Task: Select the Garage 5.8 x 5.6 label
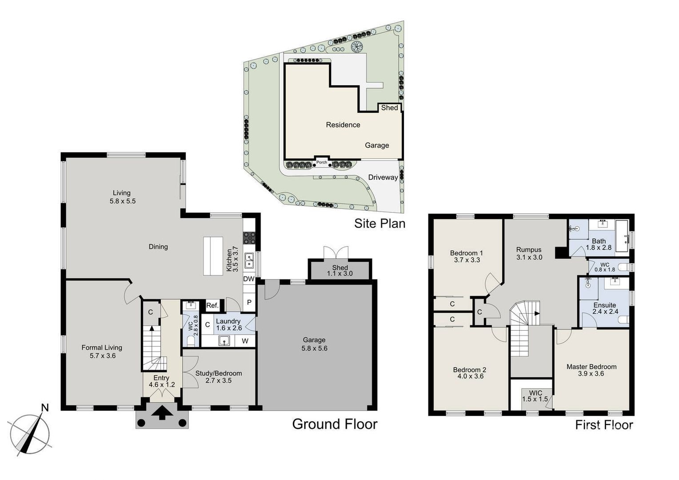pyautogui.click(x=314, y=344)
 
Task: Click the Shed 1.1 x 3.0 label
pyautogui.click(x=340, y=270)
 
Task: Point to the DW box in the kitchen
pyautogui.click(x=248, y=279)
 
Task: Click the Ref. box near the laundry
pyautogui.click(x=212, y=305)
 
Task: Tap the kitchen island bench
pyautogui.click(x=213, y=256)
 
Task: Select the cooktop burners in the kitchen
pyautogui.click(x=248, y=237)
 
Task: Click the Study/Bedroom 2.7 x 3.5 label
pyautogui.click(x=219, y=377)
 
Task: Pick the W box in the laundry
pyautogui.click(x=245, y=341)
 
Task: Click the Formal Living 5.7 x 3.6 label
pyautogui.click(x=102, y=352)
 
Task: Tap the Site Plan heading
pyautogui.click(x=379, y=223)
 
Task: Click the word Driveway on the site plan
pyautogui.click(x=383, y=177)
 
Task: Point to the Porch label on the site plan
pyautogui.click(x=322, y=162)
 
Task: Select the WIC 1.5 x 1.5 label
pyautogui.click(x=535, y=396)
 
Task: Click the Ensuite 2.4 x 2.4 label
pyautogui.click(x=605, y=308)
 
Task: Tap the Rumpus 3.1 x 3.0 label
pyautogui.click(x=529, y=253)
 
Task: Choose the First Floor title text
pyautogui.click(x=603, y=425)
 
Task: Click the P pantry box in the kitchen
pyautogui.click(x=249, y=302)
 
